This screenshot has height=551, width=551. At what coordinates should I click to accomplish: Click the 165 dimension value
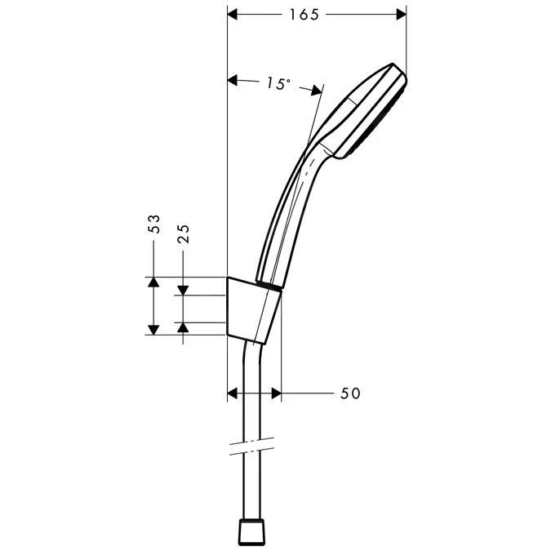tap(304, 15)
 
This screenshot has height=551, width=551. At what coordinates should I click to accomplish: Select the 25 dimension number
tap(184, 234)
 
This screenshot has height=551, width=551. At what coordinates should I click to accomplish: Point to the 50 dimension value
tap(349, 393)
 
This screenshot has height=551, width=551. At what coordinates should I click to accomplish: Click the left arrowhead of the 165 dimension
tap(232, 15)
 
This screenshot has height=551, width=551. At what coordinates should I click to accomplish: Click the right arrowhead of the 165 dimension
tap(400, 15)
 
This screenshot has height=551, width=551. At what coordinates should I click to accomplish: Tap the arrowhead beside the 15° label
tap(233, 80)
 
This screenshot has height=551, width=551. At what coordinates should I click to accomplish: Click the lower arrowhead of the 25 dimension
tap(184, 327)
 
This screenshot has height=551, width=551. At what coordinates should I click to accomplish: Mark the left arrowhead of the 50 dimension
tap(232, 393)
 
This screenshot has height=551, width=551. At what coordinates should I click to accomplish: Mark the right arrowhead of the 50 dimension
tap(276, 393)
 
